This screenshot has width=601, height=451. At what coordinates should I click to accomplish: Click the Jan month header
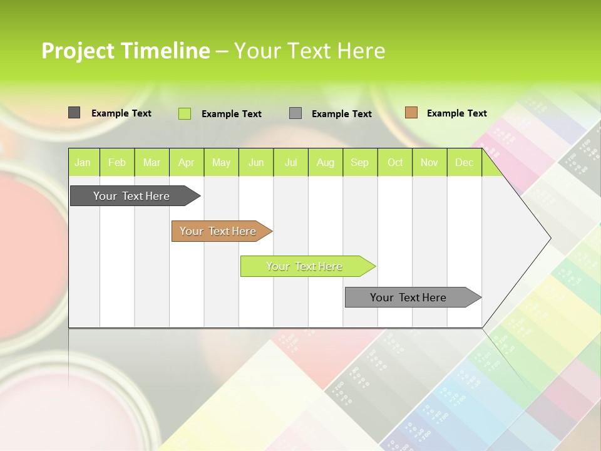pyautogui.click(x=83, y=162)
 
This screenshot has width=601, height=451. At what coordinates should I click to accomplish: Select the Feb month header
pyautogui.click(x=117, y=162)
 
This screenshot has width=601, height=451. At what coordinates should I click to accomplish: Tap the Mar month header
pyautogui.click(x=152, y=162)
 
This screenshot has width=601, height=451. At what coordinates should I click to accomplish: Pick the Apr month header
pyautogui.click(x=187, y=162)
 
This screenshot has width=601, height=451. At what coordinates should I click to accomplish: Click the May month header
pyautogui.click(x=221, y=162)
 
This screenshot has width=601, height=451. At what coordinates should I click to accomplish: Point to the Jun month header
pyautogui.click(x=256, y=162)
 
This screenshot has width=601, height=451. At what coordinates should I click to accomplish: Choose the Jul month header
pyautogui.click(x=290, y=162)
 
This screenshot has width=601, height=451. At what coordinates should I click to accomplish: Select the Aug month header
pyautogui.click(x=326, y=162)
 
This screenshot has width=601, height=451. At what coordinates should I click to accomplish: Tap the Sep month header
pyautogui.click(x=360, y=162)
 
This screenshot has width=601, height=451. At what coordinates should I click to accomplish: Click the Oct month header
pyautogui.click(x=395, y=162)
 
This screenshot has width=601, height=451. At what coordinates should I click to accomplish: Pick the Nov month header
pyautogui.click(x=429, y=162)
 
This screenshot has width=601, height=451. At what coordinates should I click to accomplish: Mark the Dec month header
pyautogui.click(x=465, y=162)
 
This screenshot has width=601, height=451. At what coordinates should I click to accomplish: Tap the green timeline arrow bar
pyautogui.click(x=305, y=266)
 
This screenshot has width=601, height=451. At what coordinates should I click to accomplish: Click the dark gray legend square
pyautogui.click(x=74, y=113)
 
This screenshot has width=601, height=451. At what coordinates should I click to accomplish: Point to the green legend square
pyautogui.click(x=185, y=113)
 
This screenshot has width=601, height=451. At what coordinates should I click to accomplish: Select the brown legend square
pyautogui.click(x=411, y=113)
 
